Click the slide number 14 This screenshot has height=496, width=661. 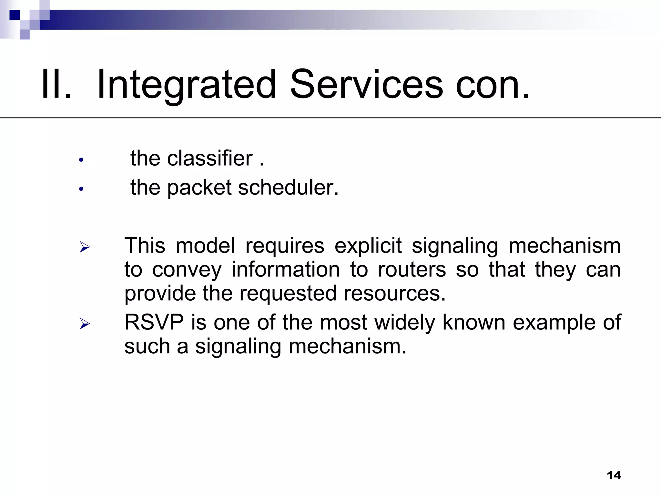(x=614, y=475)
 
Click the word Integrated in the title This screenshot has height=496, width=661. (x=186, y=85)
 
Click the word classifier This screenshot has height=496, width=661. (x=210, y=159)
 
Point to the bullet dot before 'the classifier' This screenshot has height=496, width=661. (x=81, y=160)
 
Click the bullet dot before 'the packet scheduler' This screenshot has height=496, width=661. (x=81, y=189)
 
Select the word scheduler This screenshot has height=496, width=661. (x=288, y=188)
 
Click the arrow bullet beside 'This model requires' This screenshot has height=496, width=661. (x=85, y=247)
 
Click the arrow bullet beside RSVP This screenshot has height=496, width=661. (x=85, y=324)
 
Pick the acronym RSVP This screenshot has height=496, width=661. (x=154, y=322)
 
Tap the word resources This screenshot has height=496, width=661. (x=394, y=294)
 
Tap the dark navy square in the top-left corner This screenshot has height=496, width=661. (x=15, y=15)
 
